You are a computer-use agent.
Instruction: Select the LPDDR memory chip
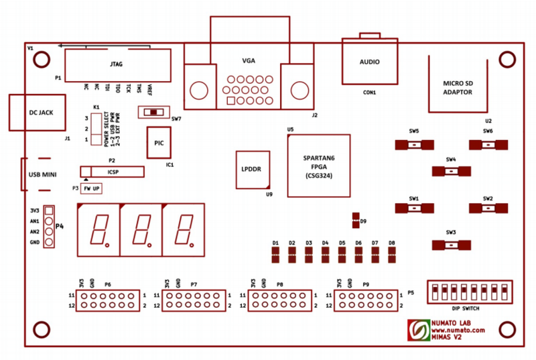(x=252, y=169)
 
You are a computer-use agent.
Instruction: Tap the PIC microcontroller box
(x=159, y=143)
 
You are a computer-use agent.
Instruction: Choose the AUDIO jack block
(x=369, y=62)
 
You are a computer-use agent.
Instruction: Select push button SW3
(x=451, y=245)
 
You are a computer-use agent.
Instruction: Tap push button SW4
(x=451, y=172)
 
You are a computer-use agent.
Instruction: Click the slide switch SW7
(x=154, y=111)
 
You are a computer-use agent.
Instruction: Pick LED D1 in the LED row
(x=275, y=254)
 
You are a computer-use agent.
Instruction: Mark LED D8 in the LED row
(x=391, y=254)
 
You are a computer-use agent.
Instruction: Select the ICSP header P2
(x=112, y=172)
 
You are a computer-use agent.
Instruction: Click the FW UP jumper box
(x=91, y=189)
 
